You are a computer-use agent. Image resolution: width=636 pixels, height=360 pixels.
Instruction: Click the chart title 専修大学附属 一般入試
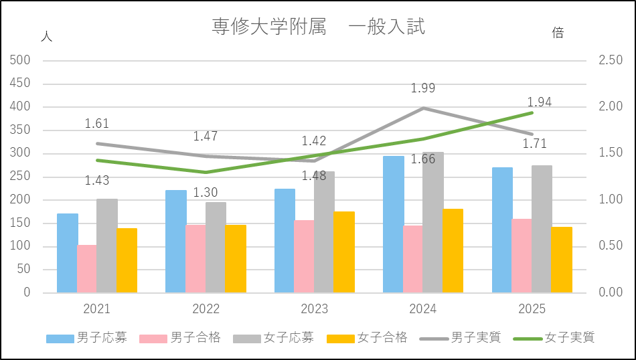click(318, 27)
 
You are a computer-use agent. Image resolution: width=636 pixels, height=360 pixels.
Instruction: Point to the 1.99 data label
click(423, 88)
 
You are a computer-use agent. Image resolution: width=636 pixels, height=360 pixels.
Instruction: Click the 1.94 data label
click(539, 102)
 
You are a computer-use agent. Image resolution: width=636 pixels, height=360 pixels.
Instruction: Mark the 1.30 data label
click(206, 193)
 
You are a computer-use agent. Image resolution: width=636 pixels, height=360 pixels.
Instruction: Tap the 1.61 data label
click(96, 124)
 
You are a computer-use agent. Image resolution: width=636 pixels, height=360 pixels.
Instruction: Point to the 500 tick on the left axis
click(22, 60)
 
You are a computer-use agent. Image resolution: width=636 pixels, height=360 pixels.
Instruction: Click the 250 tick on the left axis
click(22, 177)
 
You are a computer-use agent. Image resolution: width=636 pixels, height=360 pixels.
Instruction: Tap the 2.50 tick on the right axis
click(611, 60)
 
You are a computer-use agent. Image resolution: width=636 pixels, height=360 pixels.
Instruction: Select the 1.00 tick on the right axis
click(611, 199)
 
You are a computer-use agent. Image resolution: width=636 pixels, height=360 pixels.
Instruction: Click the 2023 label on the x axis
click(314, 309)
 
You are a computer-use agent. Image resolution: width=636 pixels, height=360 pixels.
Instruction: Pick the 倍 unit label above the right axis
click(558, 33)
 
